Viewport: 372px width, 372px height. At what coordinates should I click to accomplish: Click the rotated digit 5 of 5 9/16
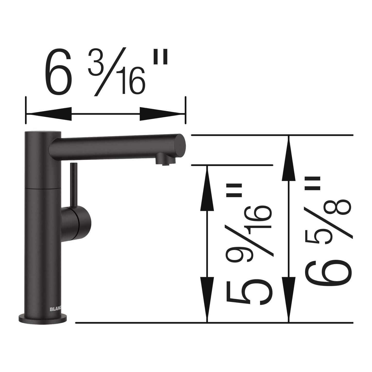point(249,291)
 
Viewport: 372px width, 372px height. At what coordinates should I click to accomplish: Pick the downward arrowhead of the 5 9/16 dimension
point(207,299)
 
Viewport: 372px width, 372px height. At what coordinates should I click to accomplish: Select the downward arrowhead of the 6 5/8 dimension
point(289,299)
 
